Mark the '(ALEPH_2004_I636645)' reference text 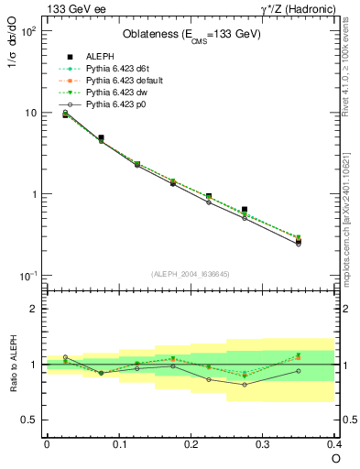pyautogui.click(x=190, y=273)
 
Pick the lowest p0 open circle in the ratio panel pyautogui.click(x=245, y=385)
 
